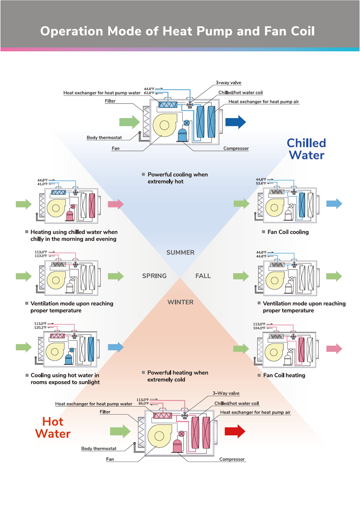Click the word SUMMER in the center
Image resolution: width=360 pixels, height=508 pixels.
point(180,252)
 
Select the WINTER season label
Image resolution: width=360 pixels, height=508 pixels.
point(180,302)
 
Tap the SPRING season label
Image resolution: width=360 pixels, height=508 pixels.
point(154,276)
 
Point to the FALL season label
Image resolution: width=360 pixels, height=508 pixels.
point(203,276)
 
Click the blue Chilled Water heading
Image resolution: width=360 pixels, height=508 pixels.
point(306,149)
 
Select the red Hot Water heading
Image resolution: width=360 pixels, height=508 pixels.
point(52,428)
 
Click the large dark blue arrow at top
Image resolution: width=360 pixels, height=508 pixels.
point(235,122)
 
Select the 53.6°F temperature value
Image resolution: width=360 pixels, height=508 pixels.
point(261,184)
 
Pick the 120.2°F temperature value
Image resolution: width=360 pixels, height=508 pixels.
point(40,328)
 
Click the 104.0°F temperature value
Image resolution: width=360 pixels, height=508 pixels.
point(260,328)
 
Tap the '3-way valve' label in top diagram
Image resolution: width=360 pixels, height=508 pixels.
point(228,83)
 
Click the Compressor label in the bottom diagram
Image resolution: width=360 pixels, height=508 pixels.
point(232,459)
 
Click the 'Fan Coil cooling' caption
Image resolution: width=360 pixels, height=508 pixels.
point(288,232)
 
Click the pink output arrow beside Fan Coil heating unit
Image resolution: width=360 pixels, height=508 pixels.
point(334,349)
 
